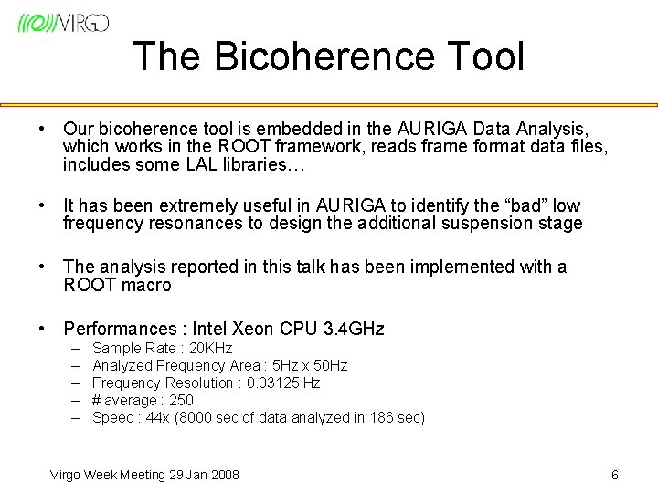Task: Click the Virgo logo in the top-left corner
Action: point(62,23)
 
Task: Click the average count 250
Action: point(181,401)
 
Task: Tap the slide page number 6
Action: point(615,475)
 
